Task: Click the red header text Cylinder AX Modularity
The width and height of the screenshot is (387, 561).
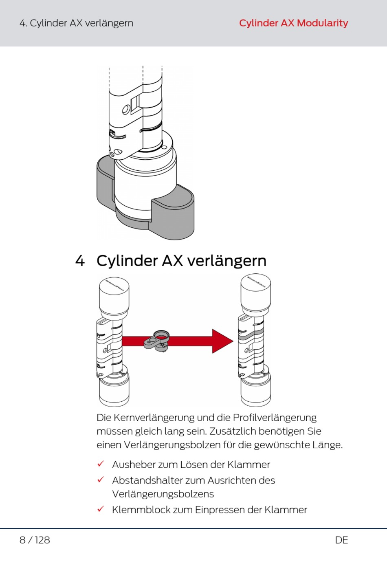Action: pos(293,23)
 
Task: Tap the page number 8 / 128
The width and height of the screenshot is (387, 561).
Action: pos(35,540)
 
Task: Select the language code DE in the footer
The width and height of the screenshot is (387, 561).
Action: pos(341,540)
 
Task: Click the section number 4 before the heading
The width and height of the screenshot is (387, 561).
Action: pos(80,261)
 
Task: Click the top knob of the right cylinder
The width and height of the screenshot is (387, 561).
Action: pos(255,291)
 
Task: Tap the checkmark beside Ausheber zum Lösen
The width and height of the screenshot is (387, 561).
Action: pos(101,464)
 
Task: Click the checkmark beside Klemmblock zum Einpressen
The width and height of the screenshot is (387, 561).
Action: pos(101,509)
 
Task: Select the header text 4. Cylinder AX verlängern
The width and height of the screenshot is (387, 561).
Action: pos(76,23)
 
